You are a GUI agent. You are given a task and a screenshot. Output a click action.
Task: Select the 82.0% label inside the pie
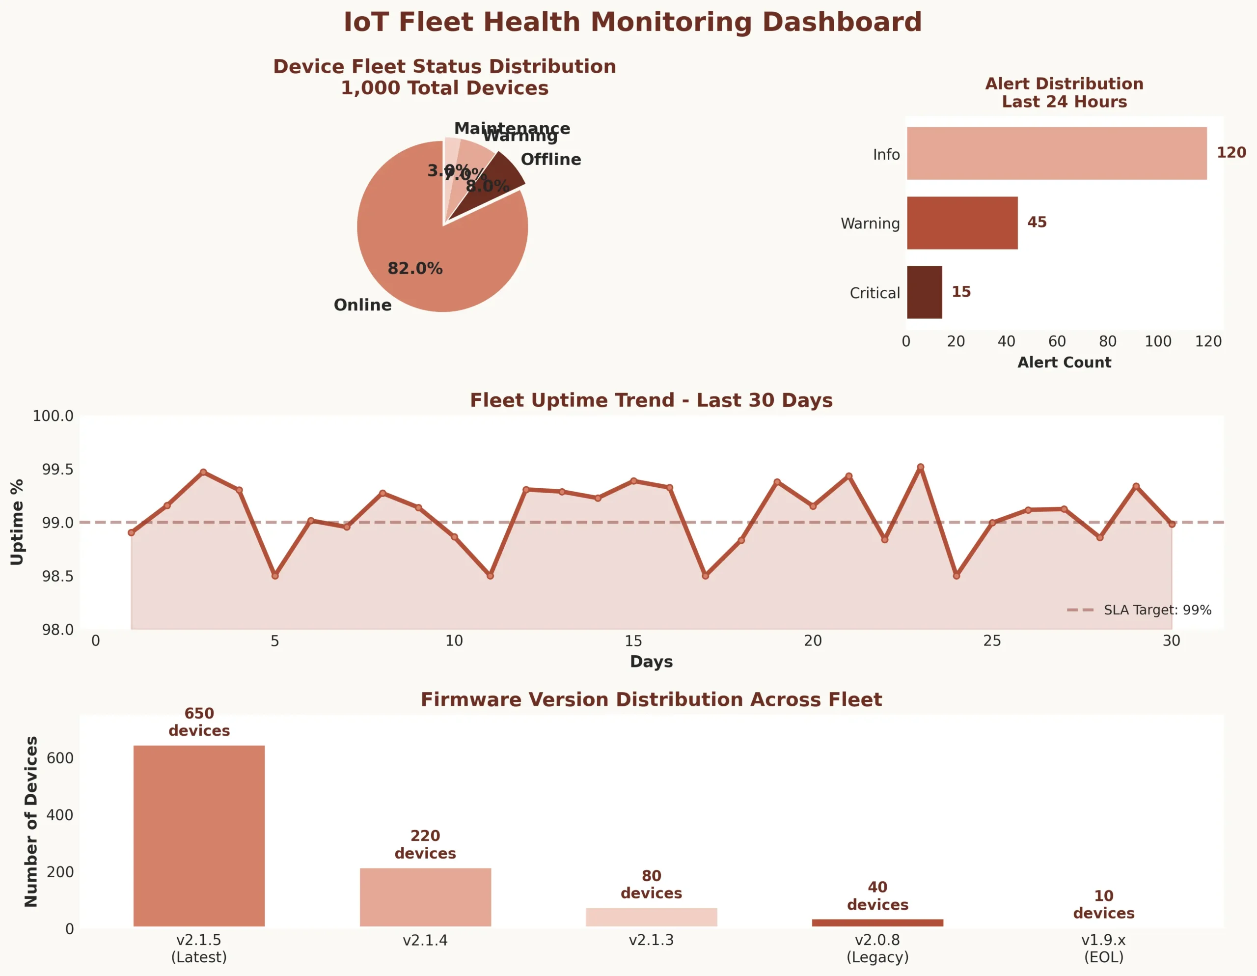415,268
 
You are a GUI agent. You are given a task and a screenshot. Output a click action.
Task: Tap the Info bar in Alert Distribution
1056,153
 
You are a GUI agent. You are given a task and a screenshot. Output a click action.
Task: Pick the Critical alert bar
924,292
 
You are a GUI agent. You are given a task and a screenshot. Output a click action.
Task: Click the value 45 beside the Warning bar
1037,222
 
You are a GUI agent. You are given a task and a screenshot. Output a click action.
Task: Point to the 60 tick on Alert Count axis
1057,341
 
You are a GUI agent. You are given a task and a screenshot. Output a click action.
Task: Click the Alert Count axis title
1064,362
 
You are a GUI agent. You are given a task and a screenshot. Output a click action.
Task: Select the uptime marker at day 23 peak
920,467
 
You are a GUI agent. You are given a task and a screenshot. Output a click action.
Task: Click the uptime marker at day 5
275,576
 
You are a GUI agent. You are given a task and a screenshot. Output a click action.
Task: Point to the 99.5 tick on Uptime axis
57,469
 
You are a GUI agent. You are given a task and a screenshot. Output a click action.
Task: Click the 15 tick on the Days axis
633,641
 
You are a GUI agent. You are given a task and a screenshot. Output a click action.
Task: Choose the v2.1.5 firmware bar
199,836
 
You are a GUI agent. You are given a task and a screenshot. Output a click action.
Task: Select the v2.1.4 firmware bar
425,896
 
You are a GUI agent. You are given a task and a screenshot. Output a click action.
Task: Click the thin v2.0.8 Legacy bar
877,922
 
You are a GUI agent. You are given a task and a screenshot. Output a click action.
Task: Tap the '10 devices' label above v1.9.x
1103,904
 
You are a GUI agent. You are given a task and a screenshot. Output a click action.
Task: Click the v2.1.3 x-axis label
651,940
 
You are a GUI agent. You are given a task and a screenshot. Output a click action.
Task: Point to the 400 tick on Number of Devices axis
60,815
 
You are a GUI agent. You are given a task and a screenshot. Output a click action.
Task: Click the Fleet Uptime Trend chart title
651,400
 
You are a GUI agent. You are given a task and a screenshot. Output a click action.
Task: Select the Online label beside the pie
362,305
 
